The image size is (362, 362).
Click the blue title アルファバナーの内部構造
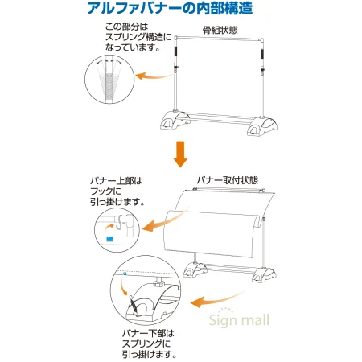point(180,10)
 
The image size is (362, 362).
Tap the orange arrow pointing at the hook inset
point(151,229)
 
